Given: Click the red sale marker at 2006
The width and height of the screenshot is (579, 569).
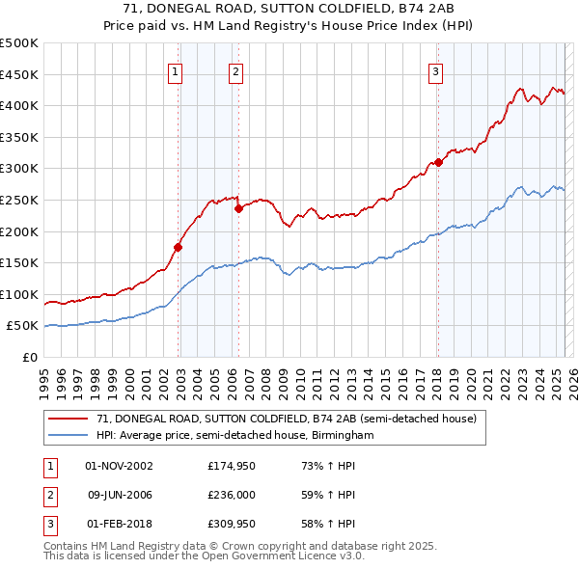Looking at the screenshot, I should [x=238, y=208].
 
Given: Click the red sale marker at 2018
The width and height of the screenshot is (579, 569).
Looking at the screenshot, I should [x=438, y=162].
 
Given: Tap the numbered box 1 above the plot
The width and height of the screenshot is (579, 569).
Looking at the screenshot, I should [x=175, y=70].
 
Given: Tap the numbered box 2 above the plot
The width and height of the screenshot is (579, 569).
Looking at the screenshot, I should [x=235, y=70].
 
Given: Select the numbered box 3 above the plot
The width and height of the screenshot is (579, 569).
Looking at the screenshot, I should [x=435, y=70].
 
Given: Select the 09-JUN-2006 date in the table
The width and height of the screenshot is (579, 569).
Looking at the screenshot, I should [x=121, y=495].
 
